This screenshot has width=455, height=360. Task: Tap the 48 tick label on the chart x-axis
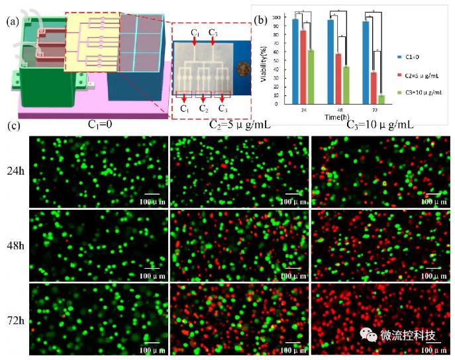point(338,110)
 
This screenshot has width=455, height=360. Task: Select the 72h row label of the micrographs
point(14,319)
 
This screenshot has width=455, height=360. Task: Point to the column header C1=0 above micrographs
point(103,123)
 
